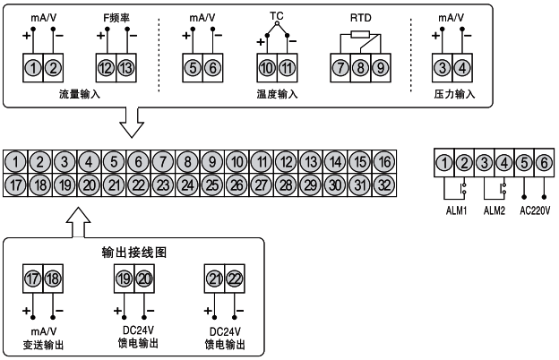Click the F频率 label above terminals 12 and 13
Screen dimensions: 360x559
117,16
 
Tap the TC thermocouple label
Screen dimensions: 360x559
276,16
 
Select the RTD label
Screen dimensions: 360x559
361,16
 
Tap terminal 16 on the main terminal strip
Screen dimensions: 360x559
383,162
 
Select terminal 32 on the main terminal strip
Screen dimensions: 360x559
383,184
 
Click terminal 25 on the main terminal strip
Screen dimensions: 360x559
211,184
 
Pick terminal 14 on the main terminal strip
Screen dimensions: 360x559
334,162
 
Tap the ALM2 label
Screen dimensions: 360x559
494,212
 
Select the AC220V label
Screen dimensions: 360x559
534,212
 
